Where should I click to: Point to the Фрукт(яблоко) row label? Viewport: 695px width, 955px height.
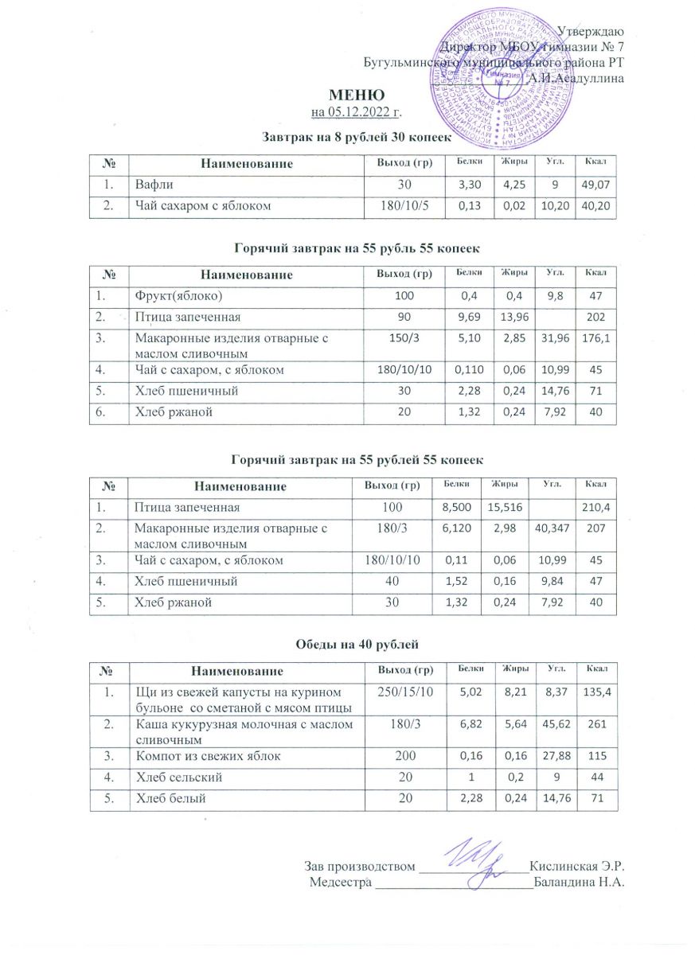178,296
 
